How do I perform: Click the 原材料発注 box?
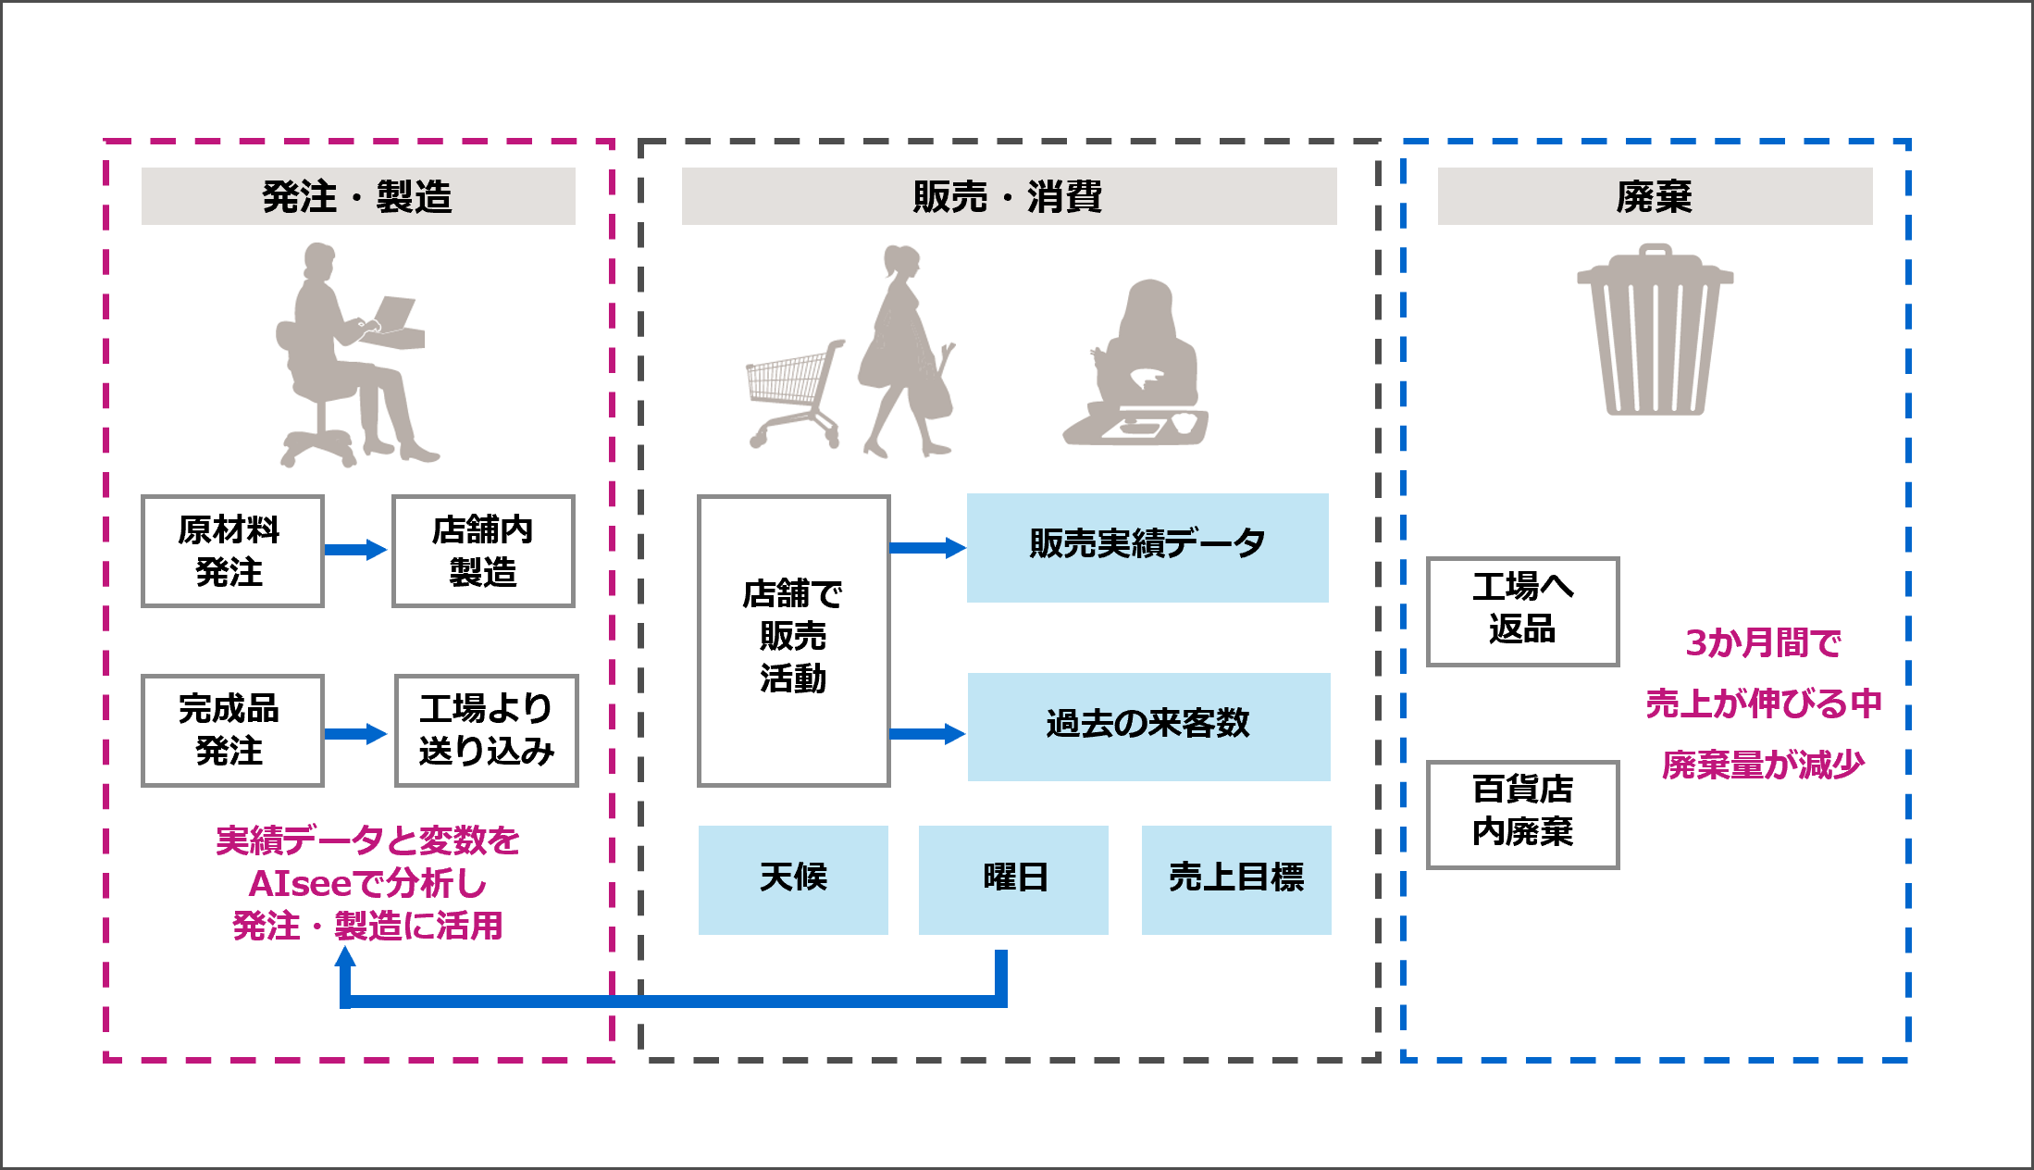(232, 551)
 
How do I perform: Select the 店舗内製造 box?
(483, 551)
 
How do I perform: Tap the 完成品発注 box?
(232, 730)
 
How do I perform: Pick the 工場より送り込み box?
(486, 730)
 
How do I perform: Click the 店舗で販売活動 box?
(793, 640)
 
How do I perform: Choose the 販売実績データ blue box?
(1147, 547)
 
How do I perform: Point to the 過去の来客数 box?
(1148, 727)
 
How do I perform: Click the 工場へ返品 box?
(1522, 611)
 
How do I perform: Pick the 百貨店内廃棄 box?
(1522, 814)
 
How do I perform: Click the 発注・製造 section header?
(358, 196)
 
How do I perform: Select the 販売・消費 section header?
(1009, 196)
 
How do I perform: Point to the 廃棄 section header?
(1655, 196)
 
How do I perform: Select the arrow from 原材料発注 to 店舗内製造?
(356, 550)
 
